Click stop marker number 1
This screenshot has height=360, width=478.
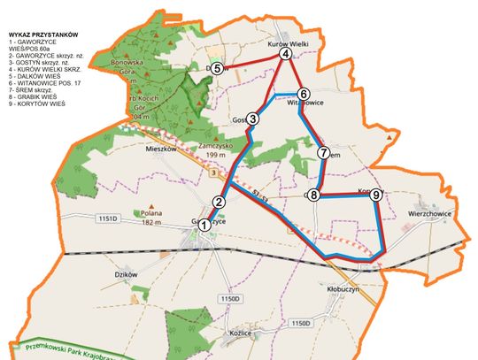click(x=204, y=226)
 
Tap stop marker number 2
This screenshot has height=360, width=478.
click(x=219, y=202)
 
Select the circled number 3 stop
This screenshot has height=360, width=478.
click(x=252, y=119)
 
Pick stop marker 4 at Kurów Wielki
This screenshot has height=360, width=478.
click(x=285, y=54)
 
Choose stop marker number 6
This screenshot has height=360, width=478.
click(x=303, y=94)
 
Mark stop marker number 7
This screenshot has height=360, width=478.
click(x=324, y=153)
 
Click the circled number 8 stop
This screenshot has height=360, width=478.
click(x=314, y=195)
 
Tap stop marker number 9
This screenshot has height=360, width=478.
click(x=376, y=195)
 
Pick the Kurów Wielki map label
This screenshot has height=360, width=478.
click(x=286, y=42)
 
